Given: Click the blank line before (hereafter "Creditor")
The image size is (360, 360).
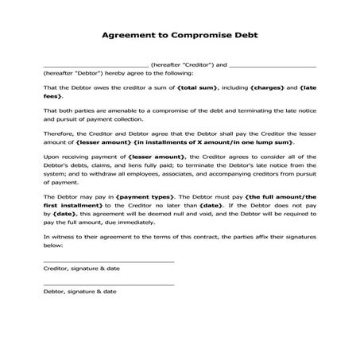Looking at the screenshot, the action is [95, 65].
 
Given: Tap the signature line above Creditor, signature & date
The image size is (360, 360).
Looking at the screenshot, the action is [108, 261].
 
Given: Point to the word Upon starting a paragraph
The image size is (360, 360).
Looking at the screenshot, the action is [51, 157].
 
